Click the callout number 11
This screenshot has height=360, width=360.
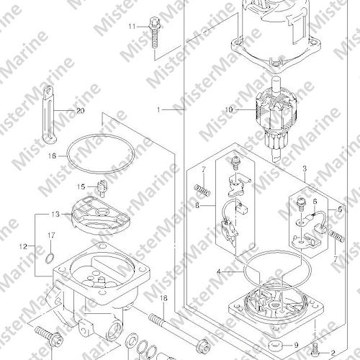click(132, 27)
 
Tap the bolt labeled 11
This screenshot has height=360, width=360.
click(154, 33)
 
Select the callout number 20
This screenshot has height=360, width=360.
click(81, 111)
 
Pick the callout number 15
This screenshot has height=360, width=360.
click(81, 186)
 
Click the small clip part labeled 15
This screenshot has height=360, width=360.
click(102, 188)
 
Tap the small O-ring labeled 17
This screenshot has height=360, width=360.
click(50, 258)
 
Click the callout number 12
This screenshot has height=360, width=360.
click(24, 246)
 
